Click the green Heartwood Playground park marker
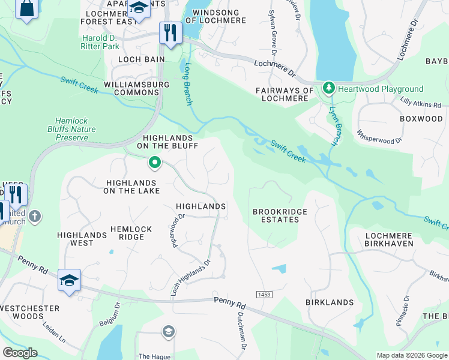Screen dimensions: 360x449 click(328, 89)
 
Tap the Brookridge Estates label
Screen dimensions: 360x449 click(276, 215)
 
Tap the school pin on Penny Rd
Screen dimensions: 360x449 click(69, 280)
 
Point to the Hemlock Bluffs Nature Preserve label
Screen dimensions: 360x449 click(71, 128)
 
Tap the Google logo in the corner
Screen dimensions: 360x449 click(20, 353)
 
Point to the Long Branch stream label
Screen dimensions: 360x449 click(188, 83)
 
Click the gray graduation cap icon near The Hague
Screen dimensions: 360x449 click(169, 332)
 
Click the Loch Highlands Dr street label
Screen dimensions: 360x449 click(191, 278)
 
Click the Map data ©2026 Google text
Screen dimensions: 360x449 click(412, 355)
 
